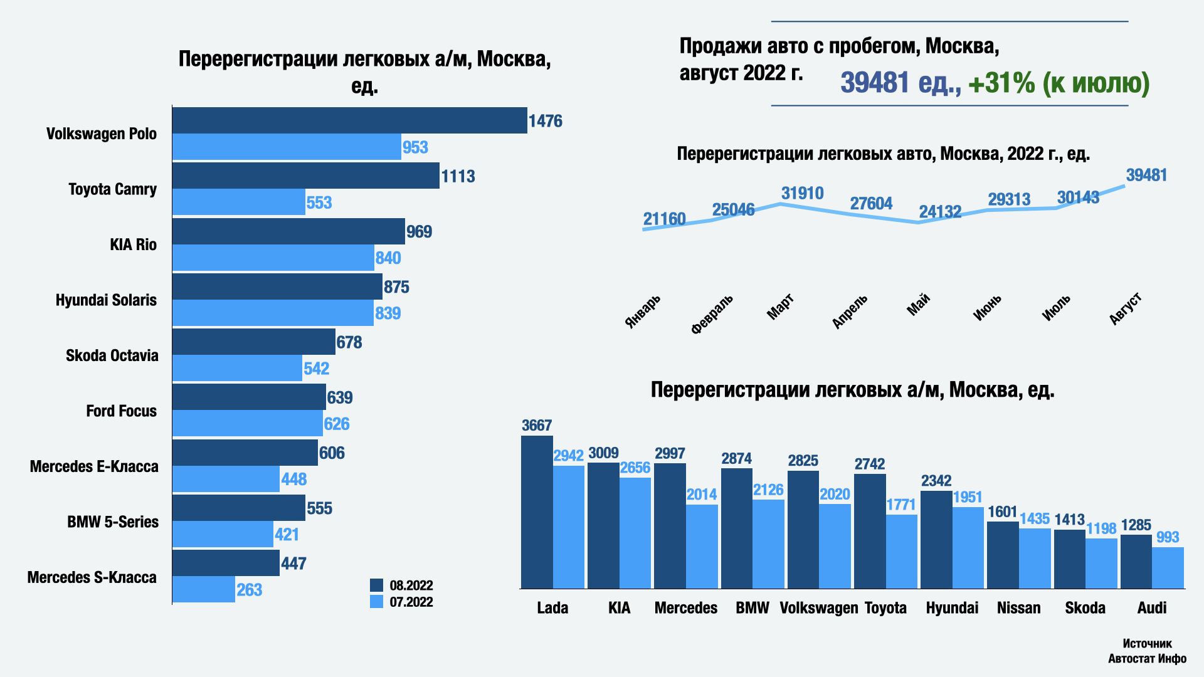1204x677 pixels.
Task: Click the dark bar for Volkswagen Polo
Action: tap(349, 120)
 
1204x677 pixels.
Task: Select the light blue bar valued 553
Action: tap(238, 202)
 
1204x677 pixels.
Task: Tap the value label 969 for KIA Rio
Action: tap(419, 232)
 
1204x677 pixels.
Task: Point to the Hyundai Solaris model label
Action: tap(106, 300)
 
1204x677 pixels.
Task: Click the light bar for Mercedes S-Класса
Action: tap(203, 590)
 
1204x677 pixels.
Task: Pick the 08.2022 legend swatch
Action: tap(376, 585)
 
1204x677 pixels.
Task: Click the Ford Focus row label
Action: tap(121, 411)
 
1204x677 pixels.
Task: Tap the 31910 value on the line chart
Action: tap(802, 194)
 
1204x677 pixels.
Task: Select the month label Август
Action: tap(1126, 308)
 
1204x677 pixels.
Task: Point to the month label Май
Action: tap(919, 305)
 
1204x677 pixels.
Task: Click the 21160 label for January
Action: tap(664, 219)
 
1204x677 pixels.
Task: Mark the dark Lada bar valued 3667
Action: tap(537, 512)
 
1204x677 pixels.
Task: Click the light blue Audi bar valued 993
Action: tap(1168, 568)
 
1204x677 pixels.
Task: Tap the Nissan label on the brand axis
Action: tap(1018, 608)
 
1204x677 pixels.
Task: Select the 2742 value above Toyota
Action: tap(869, 464)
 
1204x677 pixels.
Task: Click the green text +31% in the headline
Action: tap(1001, 83)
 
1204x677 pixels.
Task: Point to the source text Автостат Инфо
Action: tap(1147, 659)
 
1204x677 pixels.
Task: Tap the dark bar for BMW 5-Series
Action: tap(238, 508)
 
